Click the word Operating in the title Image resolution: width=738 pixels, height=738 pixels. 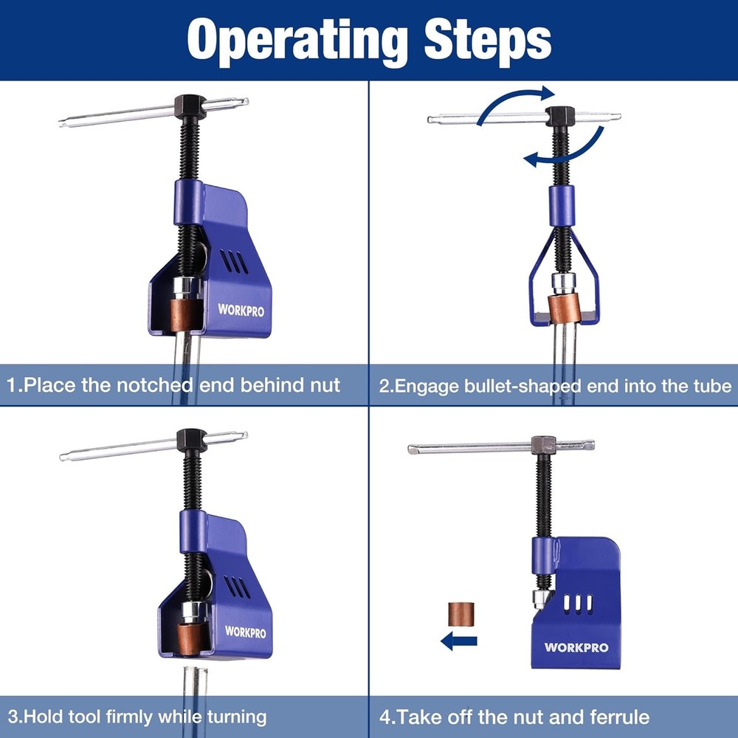tap(297, 41)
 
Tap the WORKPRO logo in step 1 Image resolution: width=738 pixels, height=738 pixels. tap(241, 310)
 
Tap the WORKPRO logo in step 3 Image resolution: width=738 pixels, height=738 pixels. tap(245, 632)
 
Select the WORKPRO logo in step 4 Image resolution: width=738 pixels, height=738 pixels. tap(576, 647)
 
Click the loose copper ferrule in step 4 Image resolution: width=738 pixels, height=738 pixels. tap(461, 614)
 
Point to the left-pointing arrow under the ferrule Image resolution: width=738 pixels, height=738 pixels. tap(459, 641)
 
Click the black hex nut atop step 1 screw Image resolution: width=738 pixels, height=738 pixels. tap(190, 106)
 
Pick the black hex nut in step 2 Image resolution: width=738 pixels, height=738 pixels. tap(560, 116)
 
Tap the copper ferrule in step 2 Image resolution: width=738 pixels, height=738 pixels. tap(564, 308)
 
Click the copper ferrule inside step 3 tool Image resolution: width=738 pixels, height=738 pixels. tap(192, 638)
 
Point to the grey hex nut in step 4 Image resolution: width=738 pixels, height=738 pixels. tap(544, 445)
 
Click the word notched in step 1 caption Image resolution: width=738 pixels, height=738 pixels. tap(154, 385)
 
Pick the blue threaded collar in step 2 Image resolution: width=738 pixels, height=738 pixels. tap(562, 206)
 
